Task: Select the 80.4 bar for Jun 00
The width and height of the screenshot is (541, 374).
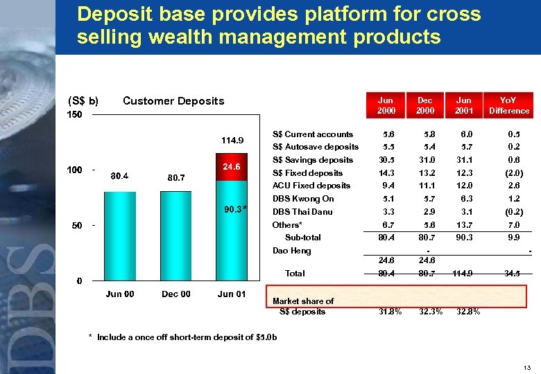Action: tap(119, 235)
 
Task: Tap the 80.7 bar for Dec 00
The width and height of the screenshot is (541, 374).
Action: tap(175, 235)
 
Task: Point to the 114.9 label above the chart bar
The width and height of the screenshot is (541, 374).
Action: tap(232, 141)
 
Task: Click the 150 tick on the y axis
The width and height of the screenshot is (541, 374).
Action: tap(74, 115)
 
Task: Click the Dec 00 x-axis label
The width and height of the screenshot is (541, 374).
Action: tap(175, 294)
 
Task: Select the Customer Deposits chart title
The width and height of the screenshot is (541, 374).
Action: tap(173, 101)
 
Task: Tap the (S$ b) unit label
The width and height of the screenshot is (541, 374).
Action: tap(83, 101)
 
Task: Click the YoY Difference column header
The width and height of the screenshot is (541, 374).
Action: tap(508, 105)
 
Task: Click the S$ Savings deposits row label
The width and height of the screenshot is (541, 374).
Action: tap(312, 160)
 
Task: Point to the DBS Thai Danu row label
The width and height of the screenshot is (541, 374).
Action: tap(302, 212)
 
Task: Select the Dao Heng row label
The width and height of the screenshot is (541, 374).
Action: tap(291, 251)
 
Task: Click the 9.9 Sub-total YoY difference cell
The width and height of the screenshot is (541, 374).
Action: tap(513, 238)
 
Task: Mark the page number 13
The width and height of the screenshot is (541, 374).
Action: tap(526, 366)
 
